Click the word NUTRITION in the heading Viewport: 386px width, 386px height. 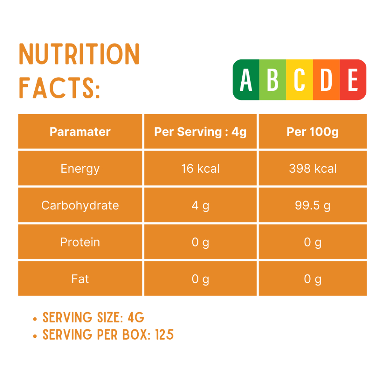(79, 55)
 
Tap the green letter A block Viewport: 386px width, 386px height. (246, 80)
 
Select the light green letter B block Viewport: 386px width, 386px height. (273, 80)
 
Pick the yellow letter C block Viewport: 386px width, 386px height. (299, 80)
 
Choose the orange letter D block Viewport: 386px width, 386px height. (326, 80)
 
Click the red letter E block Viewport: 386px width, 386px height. (353, 80)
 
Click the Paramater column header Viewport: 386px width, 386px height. (80, 132)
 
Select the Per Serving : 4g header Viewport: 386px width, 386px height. (200, 132)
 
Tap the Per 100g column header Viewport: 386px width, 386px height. (312, 132)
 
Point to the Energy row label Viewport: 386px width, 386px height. (80, 168)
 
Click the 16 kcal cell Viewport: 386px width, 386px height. (200, 168)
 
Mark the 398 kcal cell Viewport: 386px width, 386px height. (312, 168)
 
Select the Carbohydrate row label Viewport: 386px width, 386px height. (80, 205)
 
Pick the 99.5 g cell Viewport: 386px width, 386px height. (312, 205)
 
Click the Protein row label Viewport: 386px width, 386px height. (80, 242)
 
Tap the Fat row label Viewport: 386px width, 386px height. (80, 279)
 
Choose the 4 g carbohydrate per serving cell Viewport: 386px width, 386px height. (200, 205)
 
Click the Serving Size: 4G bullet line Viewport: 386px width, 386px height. (93, 317)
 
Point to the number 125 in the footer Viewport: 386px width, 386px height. (164, 334)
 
